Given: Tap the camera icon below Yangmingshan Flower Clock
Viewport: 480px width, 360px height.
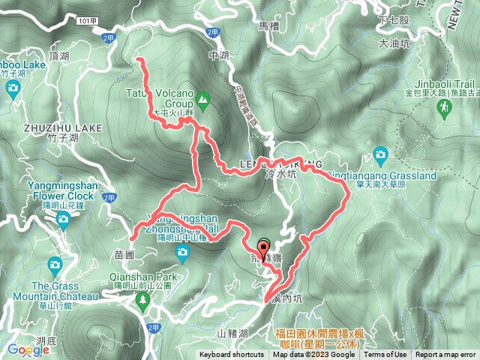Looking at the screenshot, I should pos(63,218).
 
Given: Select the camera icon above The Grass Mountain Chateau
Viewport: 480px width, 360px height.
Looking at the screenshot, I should pos(55,264).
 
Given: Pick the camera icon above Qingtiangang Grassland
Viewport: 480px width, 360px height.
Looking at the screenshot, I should pos(380,154).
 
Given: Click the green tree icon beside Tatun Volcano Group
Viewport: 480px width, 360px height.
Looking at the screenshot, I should pos(202,97).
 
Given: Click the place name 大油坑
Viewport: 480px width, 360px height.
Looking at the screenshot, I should pos(394,44).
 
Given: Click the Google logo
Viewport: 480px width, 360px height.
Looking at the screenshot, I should pos(28,350).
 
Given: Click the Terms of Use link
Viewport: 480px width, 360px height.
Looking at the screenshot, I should pos(385,355).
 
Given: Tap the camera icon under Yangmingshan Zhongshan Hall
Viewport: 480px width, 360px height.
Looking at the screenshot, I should pos(181,253).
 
